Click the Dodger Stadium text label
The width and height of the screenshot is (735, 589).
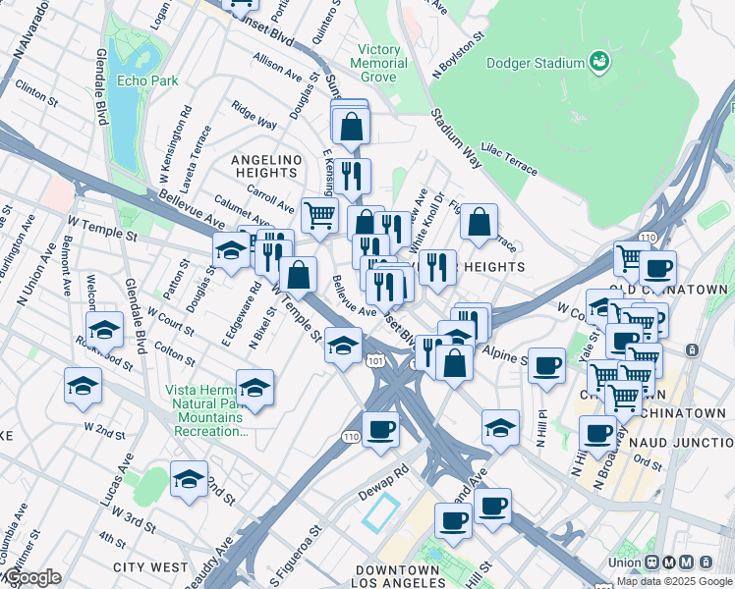click(536, 64)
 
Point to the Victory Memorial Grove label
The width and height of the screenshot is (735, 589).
click(380, 63)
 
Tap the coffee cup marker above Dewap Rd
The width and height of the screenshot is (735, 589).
click(380, 428)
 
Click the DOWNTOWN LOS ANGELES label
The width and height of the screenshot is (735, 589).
click(397, 578)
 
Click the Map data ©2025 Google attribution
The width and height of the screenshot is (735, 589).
click(675, 581)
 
